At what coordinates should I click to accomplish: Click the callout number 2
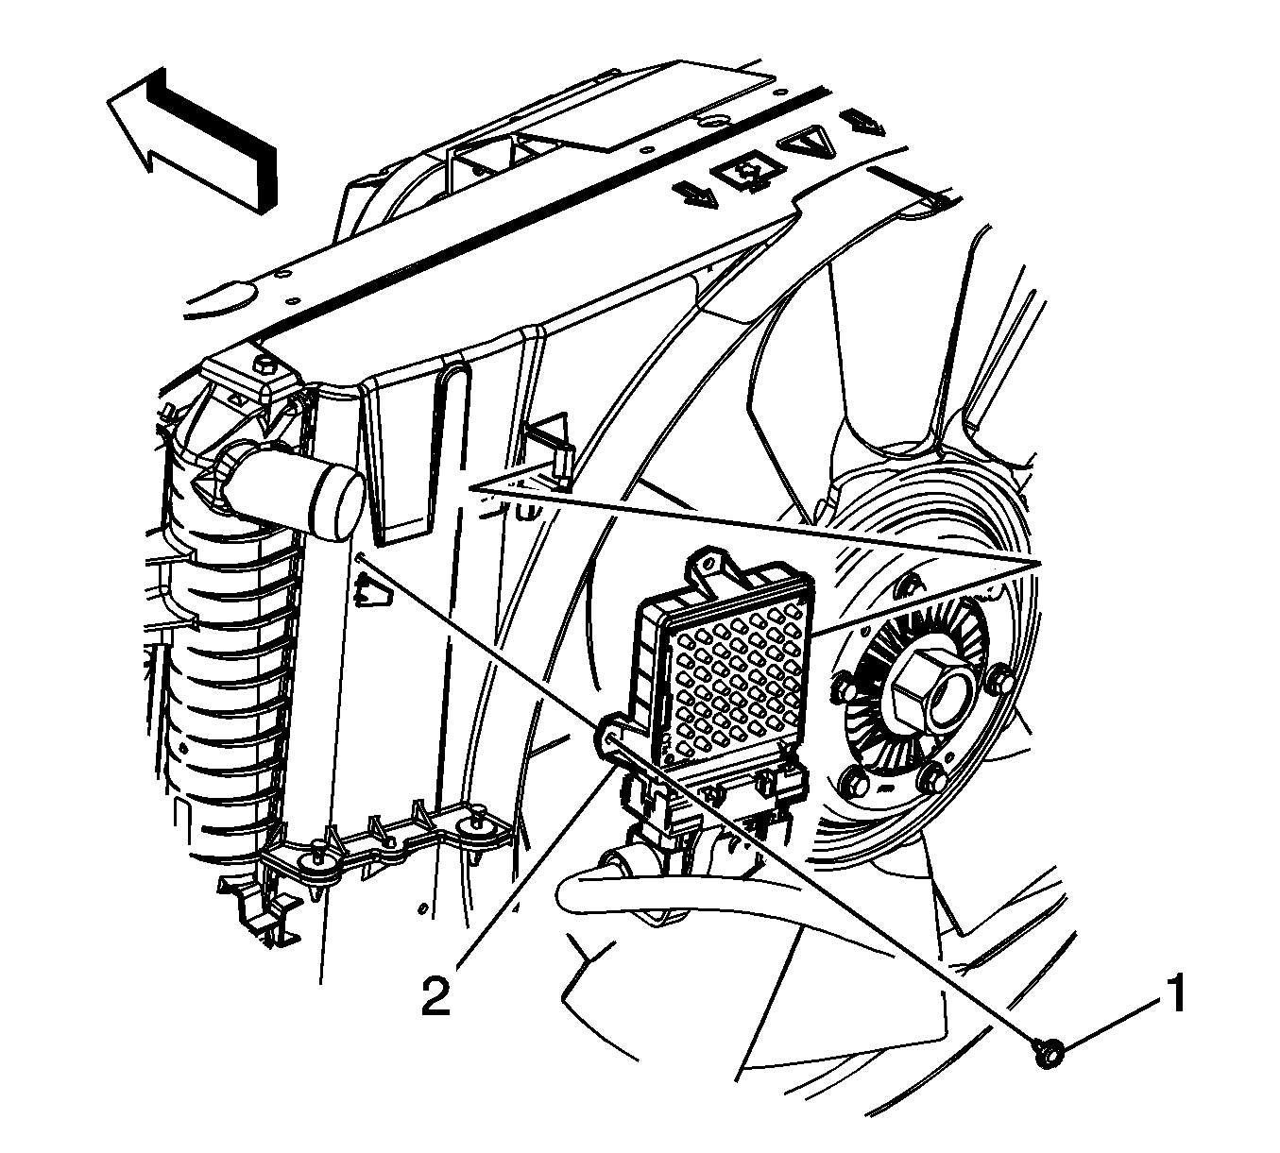pyautogui.click(x=435, y=997)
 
